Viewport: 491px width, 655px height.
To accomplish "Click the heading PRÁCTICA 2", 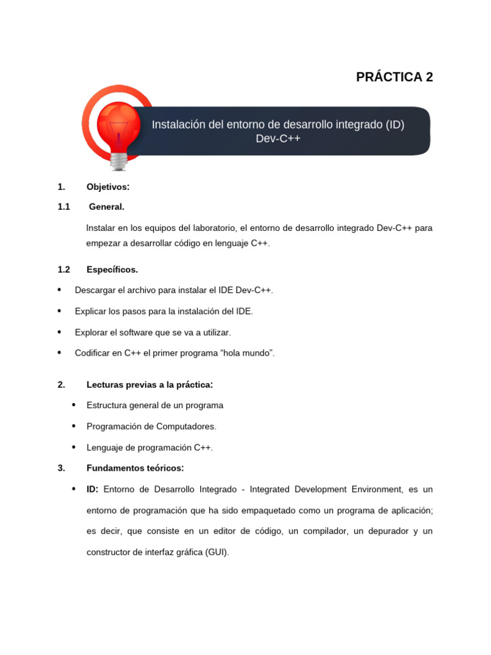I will pyautogui.click(x=394, y=77).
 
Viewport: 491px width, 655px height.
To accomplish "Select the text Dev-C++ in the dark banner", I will pyautogui.click(x=277, y=139).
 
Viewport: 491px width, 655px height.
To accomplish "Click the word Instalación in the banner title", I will pyautogui.click(x=178, y=124).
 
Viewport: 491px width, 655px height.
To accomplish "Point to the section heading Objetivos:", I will pyautogui.click(x=108, y=187).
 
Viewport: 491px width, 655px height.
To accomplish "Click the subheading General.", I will pyautogui.click(x=106, y=207).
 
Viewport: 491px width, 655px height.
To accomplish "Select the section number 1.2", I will pyautogui.click(x=63, y=269).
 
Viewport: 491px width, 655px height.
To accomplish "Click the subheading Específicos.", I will pyautogui.click(x=112, y=269).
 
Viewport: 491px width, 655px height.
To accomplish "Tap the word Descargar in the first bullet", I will pyautogui.click(x=95, y=290).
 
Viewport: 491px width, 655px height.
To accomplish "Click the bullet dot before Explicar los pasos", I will pyautogui.click(x=59, y=311).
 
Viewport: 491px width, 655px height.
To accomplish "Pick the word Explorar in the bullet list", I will pyautogui.click(x=91, y=332).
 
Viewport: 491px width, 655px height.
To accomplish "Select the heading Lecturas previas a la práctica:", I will pyautogui.click(x=149, y=384).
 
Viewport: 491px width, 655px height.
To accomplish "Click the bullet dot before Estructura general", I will pyautogui.click(x=74, y=405).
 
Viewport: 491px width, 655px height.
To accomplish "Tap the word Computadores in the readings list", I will pyautogui.click(x=182, y=426).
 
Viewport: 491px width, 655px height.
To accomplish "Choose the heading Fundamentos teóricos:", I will pyautogui.click(x=135, y=468).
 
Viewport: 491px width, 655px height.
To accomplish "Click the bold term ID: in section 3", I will pyautogui.click(x=92, y=489).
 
